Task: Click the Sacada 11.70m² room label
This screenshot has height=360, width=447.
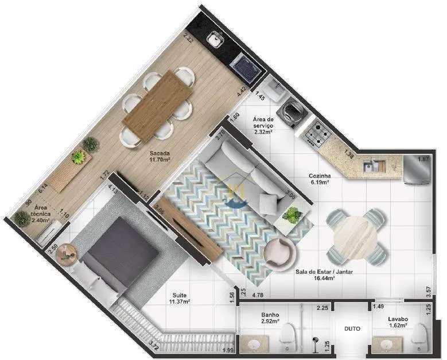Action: click(160, 157)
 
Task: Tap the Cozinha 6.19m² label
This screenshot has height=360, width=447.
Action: click(321, 179)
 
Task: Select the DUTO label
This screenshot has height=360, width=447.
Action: click(352, 328)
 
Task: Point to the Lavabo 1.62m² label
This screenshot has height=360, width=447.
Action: click(398, 322)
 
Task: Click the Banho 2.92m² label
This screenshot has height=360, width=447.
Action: click(270, 318)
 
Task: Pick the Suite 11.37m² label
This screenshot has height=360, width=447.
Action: click(180, 299)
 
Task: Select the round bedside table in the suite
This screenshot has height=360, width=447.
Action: click(67, 254)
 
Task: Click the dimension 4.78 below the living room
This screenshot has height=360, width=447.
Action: click(258, 296)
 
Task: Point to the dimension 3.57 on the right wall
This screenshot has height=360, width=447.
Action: click(429, 292)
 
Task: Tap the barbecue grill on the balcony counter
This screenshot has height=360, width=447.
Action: click(246, 68)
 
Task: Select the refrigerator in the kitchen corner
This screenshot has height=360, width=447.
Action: click(417, 170)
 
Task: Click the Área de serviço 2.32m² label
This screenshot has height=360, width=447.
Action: click(263, 126)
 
